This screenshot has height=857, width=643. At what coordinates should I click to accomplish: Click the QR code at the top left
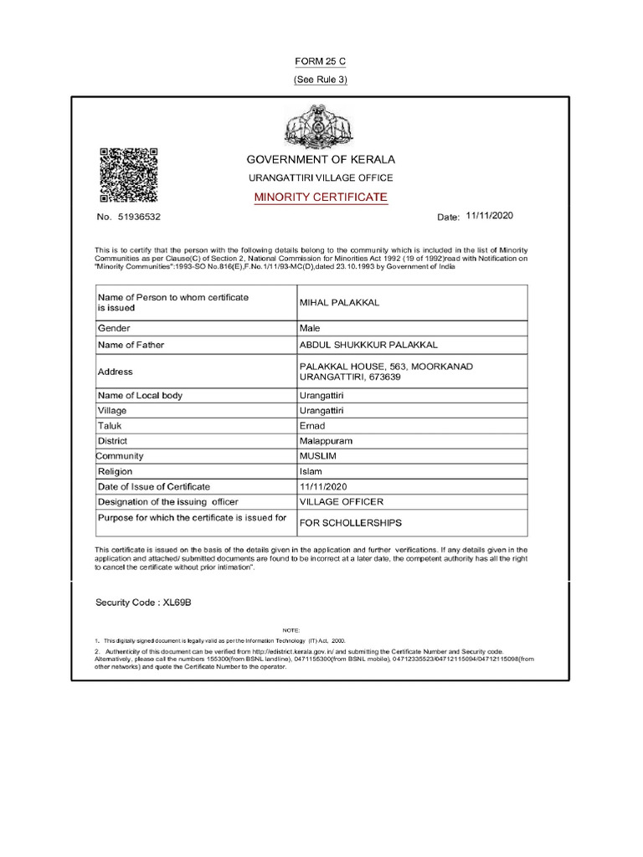[129, 175]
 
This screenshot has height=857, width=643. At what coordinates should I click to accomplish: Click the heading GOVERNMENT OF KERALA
[320, 159]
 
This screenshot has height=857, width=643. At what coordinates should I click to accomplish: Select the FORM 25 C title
[320, 63]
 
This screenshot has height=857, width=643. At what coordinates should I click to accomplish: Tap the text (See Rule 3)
[320, 80]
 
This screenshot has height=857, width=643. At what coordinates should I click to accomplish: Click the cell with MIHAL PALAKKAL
[339, 302]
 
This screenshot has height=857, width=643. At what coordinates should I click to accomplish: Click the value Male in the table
[310, 329]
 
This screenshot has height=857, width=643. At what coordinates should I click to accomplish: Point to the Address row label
[116, 372]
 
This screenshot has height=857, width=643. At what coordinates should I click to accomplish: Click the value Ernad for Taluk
[311, 426]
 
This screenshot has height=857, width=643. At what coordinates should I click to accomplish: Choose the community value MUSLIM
[317, 456]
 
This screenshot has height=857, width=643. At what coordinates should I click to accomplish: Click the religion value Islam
[311, 471]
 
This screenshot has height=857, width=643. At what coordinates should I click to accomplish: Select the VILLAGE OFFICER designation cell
[342, 501]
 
